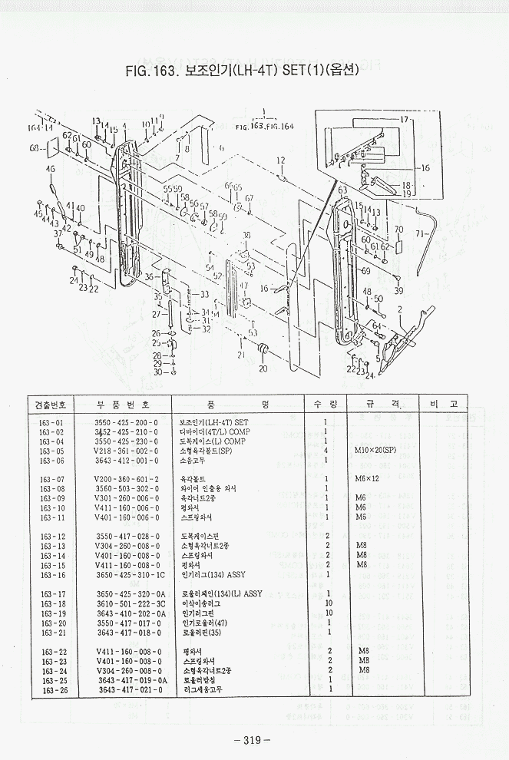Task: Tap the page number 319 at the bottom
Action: [x=253, y=740]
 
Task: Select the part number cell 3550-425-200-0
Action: [x=126, y=423]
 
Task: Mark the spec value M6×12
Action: [x=368, y=480]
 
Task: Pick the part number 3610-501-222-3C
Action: [x=130, y=603]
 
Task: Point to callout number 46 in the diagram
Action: [x=51, y=169]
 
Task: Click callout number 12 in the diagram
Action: [x=280, y=160]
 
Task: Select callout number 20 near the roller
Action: [x=263, y=368]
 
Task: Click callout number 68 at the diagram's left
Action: [x=35, y=147]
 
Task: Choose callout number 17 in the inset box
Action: [x=405, y=121]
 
